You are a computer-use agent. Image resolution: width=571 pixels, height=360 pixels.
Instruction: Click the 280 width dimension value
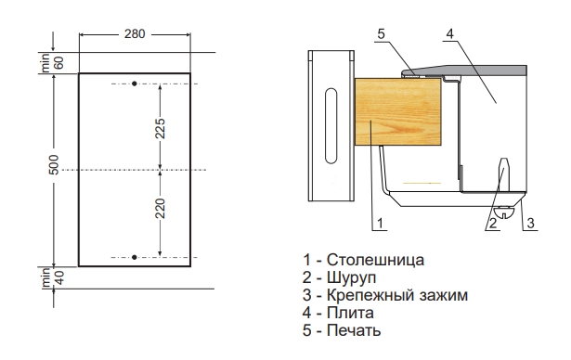[x=135, y=33]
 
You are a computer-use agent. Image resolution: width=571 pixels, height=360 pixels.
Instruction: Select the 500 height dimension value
[x=54, y=164]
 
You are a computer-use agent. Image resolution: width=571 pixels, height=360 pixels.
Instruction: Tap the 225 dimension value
[x=161, y=128]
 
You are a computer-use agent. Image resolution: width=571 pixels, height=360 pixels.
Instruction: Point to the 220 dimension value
[x=161, y=209]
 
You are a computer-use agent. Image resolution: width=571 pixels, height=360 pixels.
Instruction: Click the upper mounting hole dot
[x=135, y=84]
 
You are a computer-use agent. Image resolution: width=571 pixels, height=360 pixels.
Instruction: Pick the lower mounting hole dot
[x=135, y=257]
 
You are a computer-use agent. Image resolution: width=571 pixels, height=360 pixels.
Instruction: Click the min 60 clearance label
[x=52, y=63]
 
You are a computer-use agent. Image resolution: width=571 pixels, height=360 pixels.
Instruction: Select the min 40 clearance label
[x=52, y=277]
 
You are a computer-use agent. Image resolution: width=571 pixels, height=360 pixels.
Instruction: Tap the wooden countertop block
[x=397, y=111]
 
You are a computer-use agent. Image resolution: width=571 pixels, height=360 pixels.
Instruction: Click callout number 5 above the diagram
[x=381, y=33]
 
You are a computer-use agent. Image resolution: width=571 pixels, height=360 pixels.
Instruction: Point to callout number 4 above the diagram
[x=450, y=33]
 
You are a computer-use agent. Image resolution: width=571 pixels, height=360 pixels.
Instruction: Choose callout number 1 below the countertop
[x=380, y=223]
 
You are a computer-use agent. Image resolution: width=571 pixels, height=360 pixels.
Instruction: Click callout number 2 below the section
[x=493, y=223]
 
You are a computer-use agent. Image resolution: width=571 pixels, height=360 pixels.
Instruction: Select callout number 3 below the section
[x=530, y=223]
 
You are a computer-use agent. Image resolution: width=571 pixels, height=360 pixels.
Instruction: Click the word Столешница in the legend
[x=375, y=260]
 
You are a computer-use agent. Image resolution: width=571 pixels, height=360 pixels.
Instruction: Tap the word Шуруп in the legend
[x=351, y=277]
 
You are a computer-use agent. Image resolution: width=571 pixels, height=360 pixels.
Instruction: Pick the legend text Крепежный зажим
[x=397, y=295]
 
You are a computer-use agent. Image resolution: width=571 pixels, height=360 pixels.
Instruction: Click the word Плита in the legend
[x=350, y=313]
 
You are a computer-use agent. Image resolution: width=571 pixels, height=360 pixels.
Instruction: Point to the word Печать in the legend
[x=354, y=330]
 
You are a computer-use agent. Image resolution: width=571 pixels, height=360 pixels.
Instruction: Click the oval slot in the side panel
[x=331, y=125]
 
